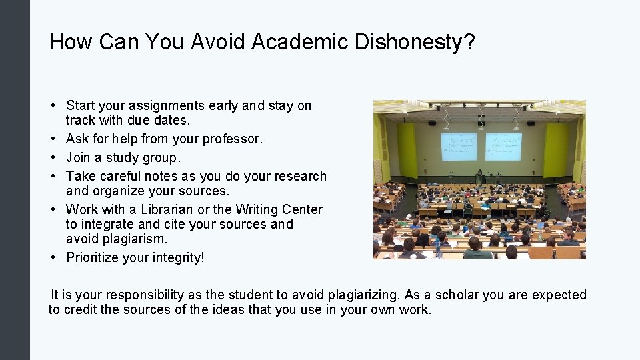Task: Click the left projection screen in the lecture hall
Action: click(x=459, y=147)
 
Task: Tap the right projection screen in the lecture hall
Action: click(x=503, y=147)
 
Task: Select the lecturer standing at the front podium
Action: click(x=479, y=176)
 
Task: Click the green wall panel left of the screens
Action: click(x=407, y=149)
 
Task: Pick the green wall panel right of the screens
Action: click(x=557, y=149)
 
